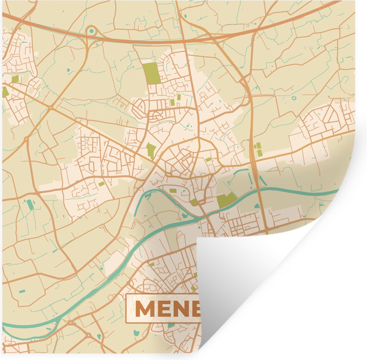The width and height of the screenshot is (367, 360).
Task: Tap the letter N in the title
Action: [181, 309]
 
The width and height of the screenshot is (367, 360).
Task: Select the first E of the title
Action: [164, 309]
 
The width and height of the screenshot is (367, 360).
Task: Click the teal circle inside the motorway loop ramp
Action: [91, 31]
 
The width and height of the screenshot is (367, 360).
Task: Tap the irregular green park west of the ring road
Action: [150, 150]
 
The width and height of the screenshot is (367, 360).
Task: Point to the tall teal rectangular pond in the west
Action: [30, 204]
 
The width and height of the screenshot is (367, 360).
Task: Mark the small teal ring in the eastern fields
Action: [294, 98]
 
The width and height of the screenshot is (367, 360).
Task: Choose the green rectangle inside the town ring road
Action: [208, 159]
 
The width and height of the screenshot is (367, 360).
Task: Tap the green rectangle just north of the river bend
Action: [173, 191]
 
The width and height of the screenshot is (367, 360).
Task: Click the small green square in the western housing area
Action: [101, 184]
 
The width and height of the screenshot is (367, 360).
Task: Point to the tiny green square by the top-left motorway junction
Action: [20, 29]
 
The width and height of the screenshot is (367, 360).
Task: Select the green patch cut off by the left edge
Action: [5, 92]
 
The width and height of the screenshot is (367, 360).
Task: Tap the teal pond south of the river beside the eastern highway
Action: [257, 206]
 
